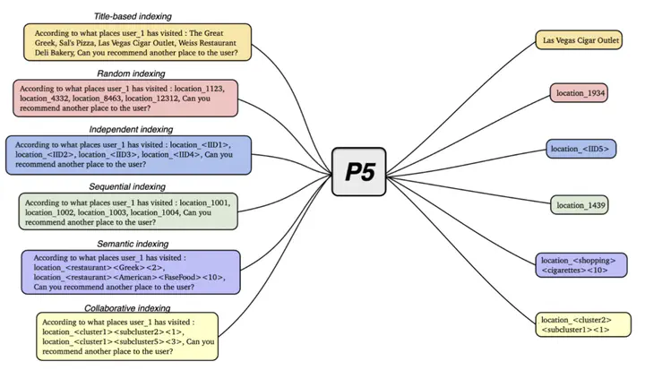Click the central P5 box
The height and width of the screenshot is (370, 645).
coord(358,172)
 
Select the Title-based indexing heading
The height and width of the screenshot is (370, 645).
coord(133,16)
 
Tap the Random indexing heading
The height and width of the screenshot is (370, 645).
coord(131,73)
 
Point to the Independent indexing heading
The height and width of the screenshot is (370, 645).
coord(131,129)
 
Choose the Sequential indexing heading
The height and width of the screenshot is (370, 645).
coord(127,187)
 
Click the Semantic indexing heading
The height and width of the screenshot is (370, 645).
coord(133,244)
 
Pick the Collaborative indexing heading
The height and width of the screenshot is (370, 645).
coord(127,308)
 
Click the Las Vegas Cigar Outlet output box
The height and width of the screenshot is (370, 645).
coord(579,40)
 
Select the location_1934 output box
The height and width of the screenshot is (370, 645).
coord(579,93)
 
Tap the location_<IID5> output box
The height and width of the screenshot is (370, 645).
coord(580,149)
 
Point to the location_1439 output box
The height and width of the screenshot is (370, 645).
coord(580,205)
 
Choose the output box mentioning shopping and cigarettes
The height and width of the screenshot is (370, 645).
coord(581,265)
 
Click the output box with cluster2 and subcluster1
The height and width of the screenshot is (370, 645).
coord(583,324)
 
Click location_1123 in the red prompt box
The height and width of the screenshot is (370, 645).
coord(199,89)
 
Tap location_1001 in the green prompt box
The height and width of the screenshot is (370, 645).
coord(205,202)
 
